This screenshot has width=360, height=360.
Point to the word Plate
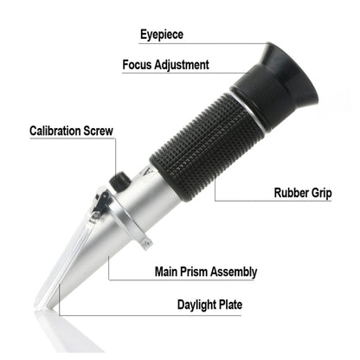[x=227, y=305]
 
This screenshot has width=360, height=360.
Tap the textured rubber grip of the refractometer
[x=208, y=147]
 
